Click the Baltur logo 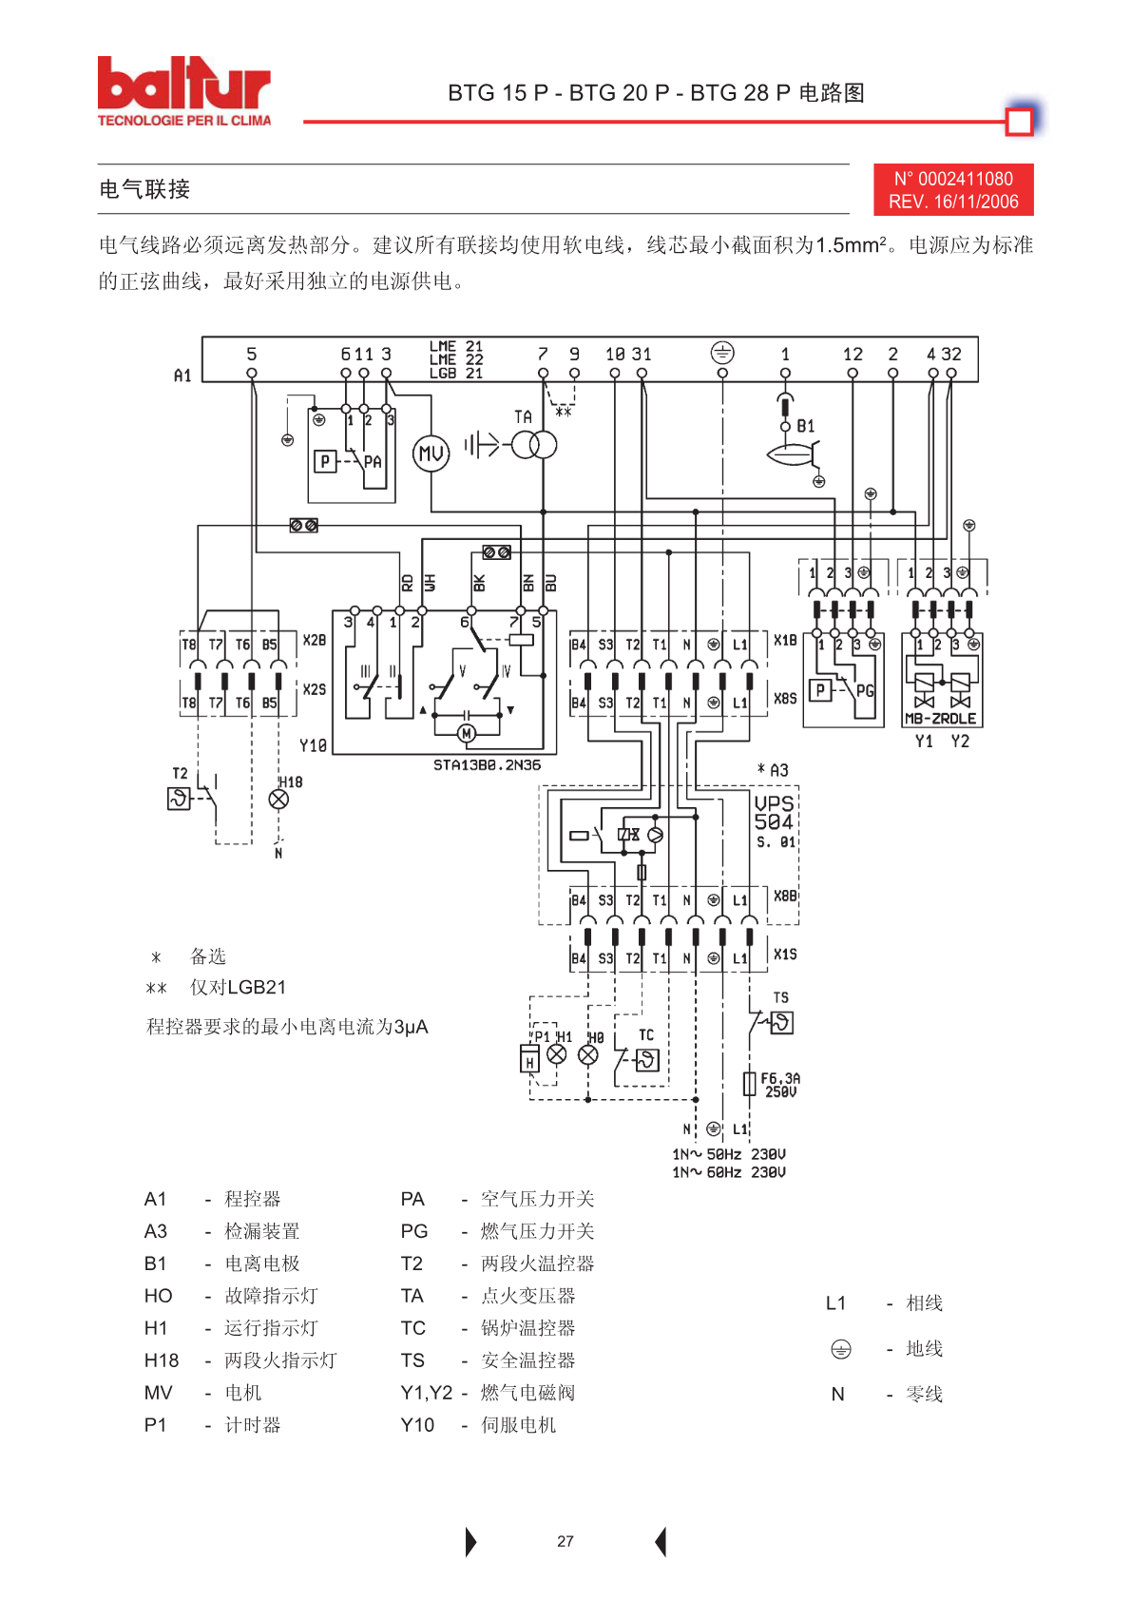184,91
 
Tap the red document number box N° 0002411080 953,189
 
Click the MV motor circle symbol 431,453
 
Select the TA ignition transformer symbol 534,446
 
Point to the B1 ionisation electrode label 805,426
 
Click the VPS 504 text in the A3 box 774,813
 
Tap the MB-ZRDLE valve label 940,719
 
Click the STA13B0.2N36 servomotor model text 487,764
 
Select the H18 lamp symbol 278,799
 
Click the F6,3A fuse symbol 749,1084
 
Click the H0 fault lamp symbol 588,1055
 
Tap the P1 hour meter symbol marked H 529,1058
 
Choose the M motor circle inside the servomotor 467,733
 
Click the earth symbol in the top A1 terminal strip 722,353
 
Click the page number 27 565,1542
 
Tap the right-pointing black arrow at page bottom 470,1542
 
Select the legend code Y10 417,1424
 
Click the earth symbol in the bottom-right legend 841,1349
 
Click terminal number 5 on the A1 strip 252,354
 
